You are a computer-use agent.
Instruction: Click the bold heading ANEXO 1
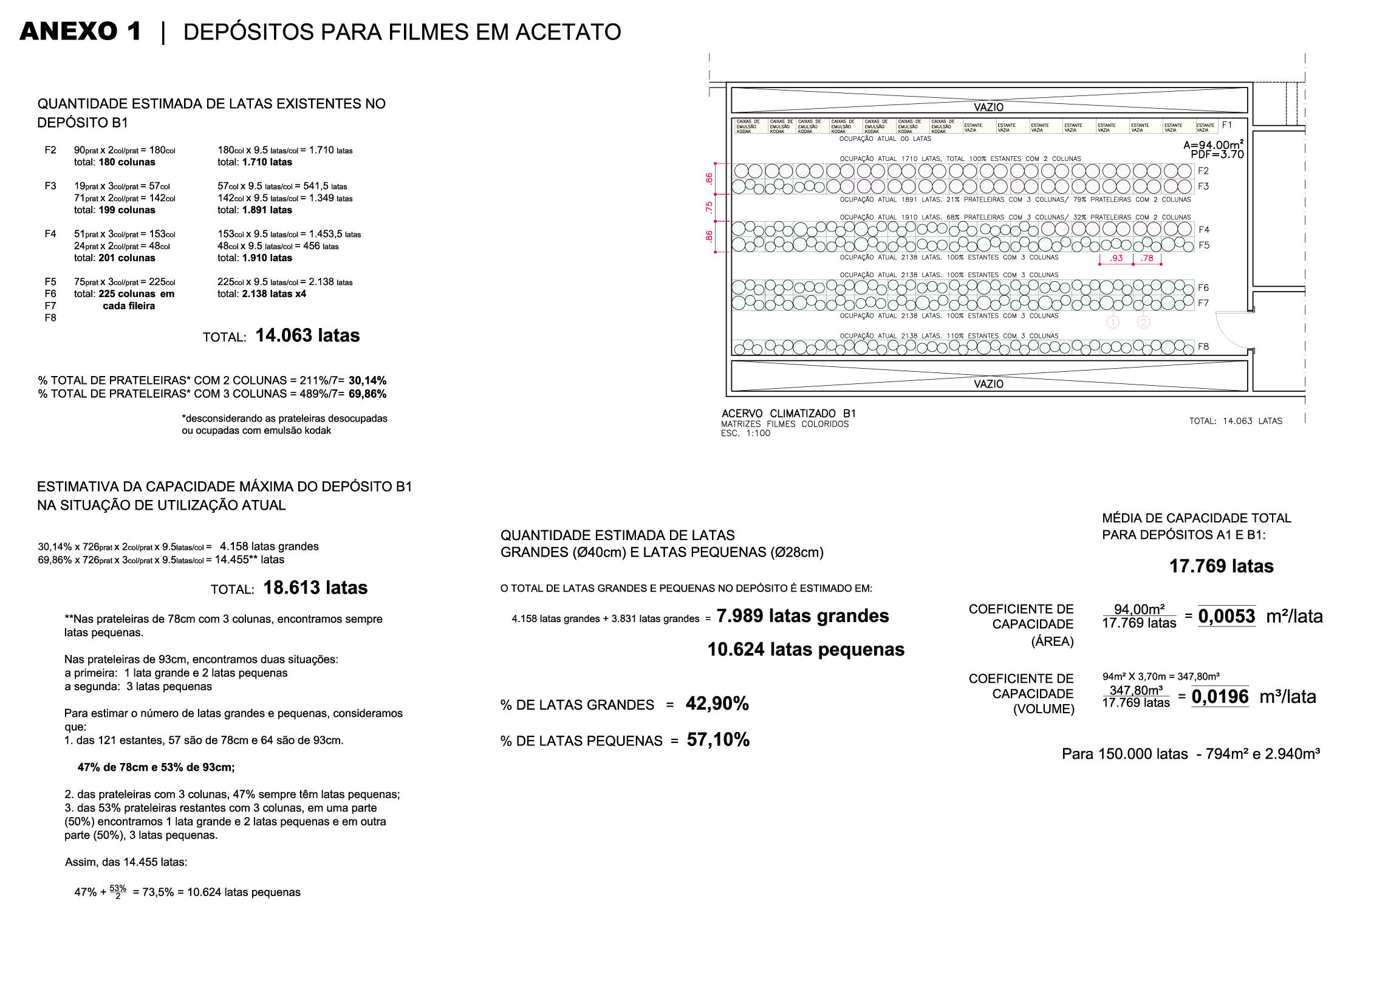pyautogui.click(x=81, y=32)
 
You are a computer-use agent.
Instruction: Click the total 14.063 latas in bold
pyautogui.click(x=307, y=335)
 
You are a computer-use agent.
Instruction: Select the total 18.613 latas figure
pyautogui.click(x=315, y=587)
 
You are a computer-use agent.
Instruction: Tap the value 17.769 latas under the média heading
pyautogui.click(x=1221, y=566)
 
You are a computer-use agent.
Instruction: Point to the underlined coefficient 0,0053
pyautogui.click(x=1226, y=617)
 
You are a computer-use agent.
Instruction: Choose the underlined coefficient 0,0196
pyautogui.click(x=1220, y=696)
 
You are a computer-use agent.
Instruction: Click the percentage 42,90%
pyautogui.click(x=717, y=703)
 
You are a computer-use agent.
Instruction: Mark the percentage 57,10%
pyautogui.click(x=717, y=740)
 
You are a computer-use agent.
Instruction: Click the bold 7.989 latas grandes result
pyautogui.click(x=802, y=616)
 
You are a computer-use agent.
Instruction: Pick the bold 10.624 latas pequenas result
pyautogui.click(x=805, y=649)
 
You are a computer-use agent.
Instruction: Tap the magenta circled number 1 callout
pyautogui.click(x=1113, y=322)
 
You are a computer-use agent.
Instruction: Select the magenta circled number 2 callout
pyautogui.click(x=1143, y=322)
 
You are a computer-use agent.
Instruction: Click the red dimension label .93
pyautogui.click(x=1116, y=258)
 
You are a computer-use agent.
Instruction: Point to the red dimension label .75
pyautogui.click(x=709, y=207)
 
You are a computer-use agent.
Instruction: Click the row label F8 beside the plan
pyautogui.click(x=1203, y=346)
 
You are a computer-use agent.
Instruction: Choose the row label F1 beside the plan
pyautogui.click(x=1226, y=125)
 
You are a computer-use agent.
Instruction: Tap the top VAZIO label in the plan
pyautogui.click(x=988, y=107)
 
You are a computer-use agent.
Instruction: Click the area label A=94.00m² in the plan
pyautogui.click(x=1213, y=145)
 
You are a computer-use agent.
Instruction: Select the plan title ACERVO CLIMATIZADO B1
pyautogui.click(x=788, y=414)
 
